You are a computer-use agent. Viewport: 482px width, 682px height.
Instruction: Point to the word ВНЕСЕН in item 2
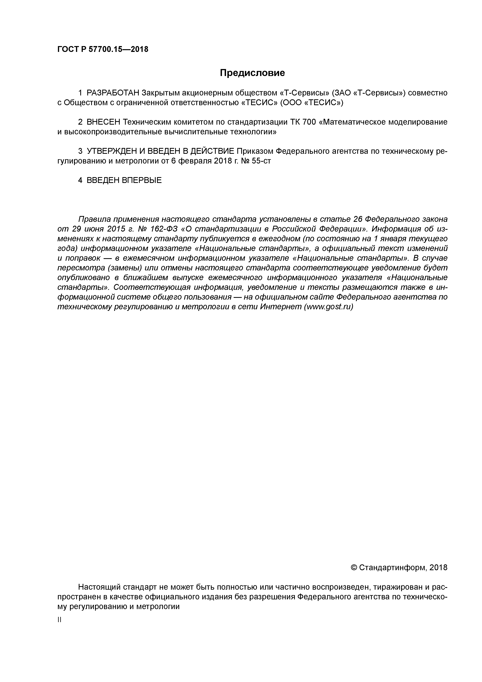pyautogui.click(x=103, y=122)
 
